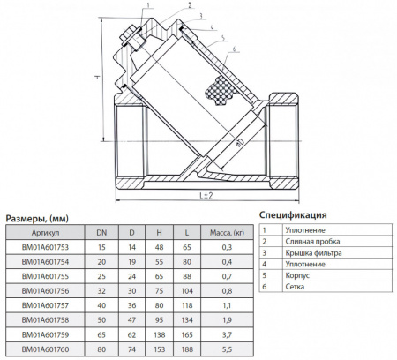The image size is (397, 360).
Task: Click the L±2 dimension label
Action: point(206,195)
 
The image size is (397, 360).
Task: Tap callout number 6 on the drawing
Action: point(235,49)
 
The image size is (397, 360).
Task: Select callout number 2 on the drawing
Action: point(190,5)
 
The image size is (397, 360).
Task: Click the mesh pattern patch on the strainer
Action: point(221,91)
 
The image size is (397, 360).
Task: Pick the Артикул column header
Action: point(45,233)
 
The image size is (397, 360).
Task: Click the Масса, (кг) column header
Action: point(227,233)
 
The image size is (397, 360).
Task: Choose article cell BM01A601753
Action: point(45,247)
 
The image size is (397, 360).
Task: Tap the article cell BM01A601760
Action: point(45,349)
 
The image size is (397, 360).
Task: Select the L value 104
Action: point(187,291)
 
